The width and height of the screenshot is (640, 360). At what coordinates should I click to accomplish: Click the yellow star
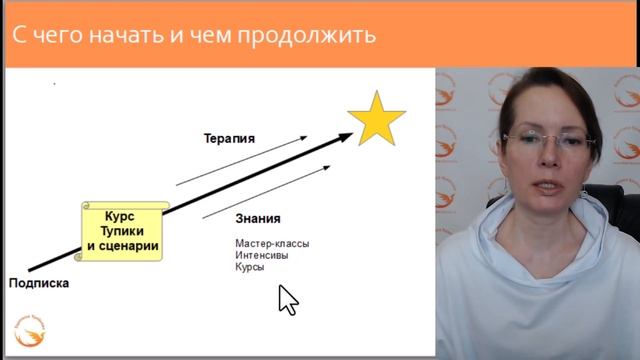(377, 120)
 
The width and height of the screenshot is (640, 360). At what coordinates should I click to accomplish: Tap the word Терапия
(229, 139)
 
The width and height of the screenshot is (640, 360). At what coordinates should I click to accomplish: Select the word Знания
(259, 218)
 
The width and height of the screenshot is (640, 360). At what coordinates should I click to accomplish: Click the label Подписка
(39, 283)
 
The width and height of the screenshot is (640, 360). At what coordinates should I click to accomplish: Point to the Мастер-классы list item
(272, 243)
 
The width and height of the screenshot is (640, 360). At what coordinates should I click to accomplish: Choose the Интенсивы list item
(262, 255)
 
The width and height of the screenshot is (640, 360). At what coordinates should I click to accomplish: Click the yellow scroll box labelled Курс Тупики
(122, 230)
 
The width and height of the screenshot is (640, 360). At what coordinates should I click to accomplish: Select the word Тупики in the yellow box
(122, 231)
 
